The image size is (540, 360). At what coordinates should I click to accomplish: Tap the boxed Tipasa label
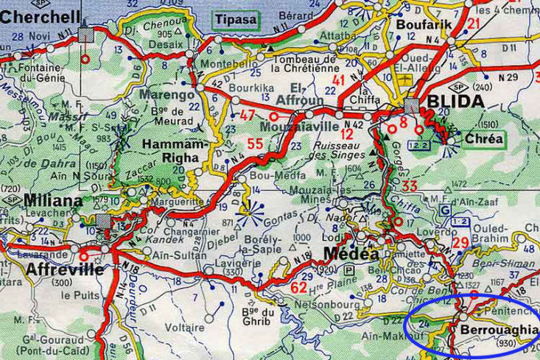click(x=236, y=19)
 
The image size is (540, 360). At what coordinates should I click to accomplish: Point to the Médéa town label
click(x=351, y=254)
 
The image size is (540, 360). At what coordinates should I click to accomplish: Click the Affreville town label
click(x=59, y=269)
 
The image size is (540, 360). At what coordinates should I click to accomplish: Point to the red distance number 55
click(x=255, y=144)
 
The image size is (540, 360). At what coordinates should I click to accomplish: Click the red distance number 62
click(x=299, y=286)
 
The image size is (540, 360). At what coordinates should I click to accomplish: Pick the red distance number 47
click(x=247, y=114)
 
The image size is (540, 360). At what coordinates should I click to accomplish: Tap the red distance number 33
click(x=410, y=186)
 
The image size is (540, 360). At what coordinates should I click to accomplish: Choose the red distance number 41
click(x=338, y=80)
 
